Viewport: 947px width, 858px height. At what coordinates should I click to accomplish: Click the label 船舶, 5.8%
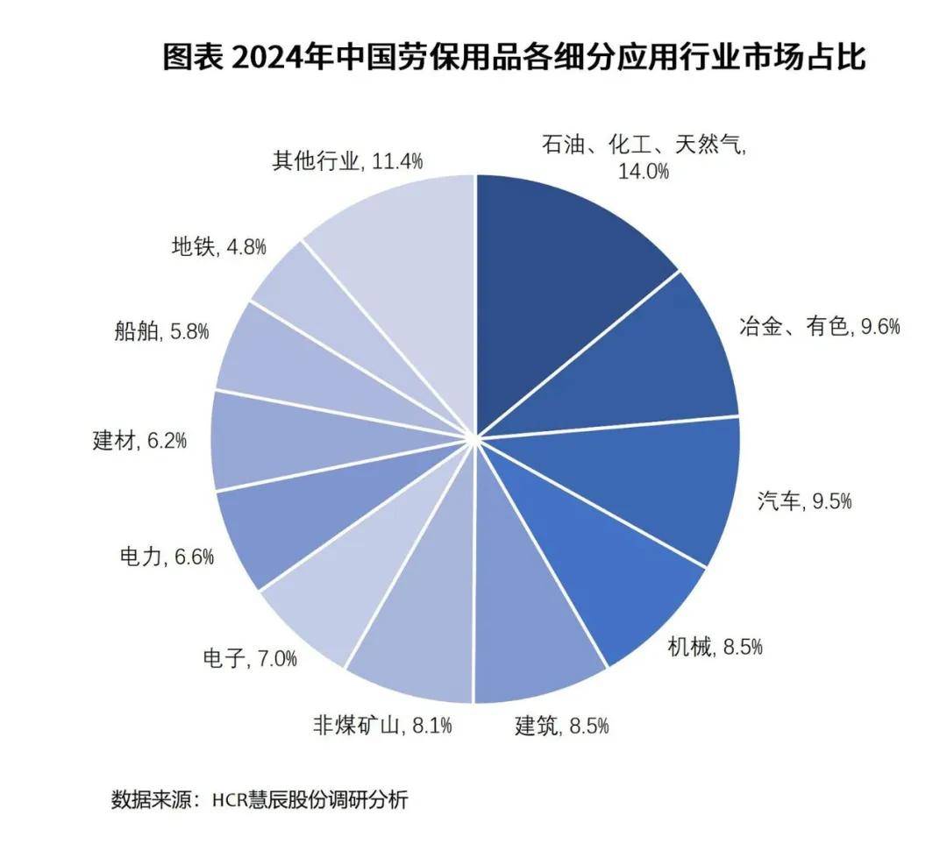point(160,332)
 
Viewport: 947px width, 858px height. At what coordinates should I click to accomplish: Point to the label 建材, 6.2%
point(139,440)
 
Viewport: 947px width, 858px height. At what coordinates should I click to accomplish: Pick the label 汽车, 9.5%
point(804,501)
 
